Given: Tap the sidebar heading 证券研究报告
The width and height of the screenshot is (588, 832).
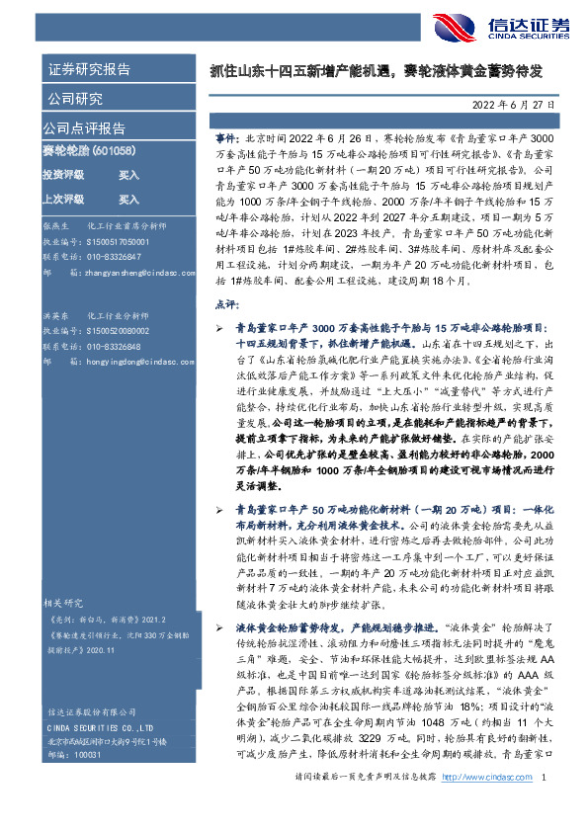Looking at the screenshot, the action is coord(88,69).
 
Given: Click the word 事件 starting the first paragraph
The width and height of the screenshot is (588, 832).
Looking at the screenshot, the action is coord(225,140).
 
